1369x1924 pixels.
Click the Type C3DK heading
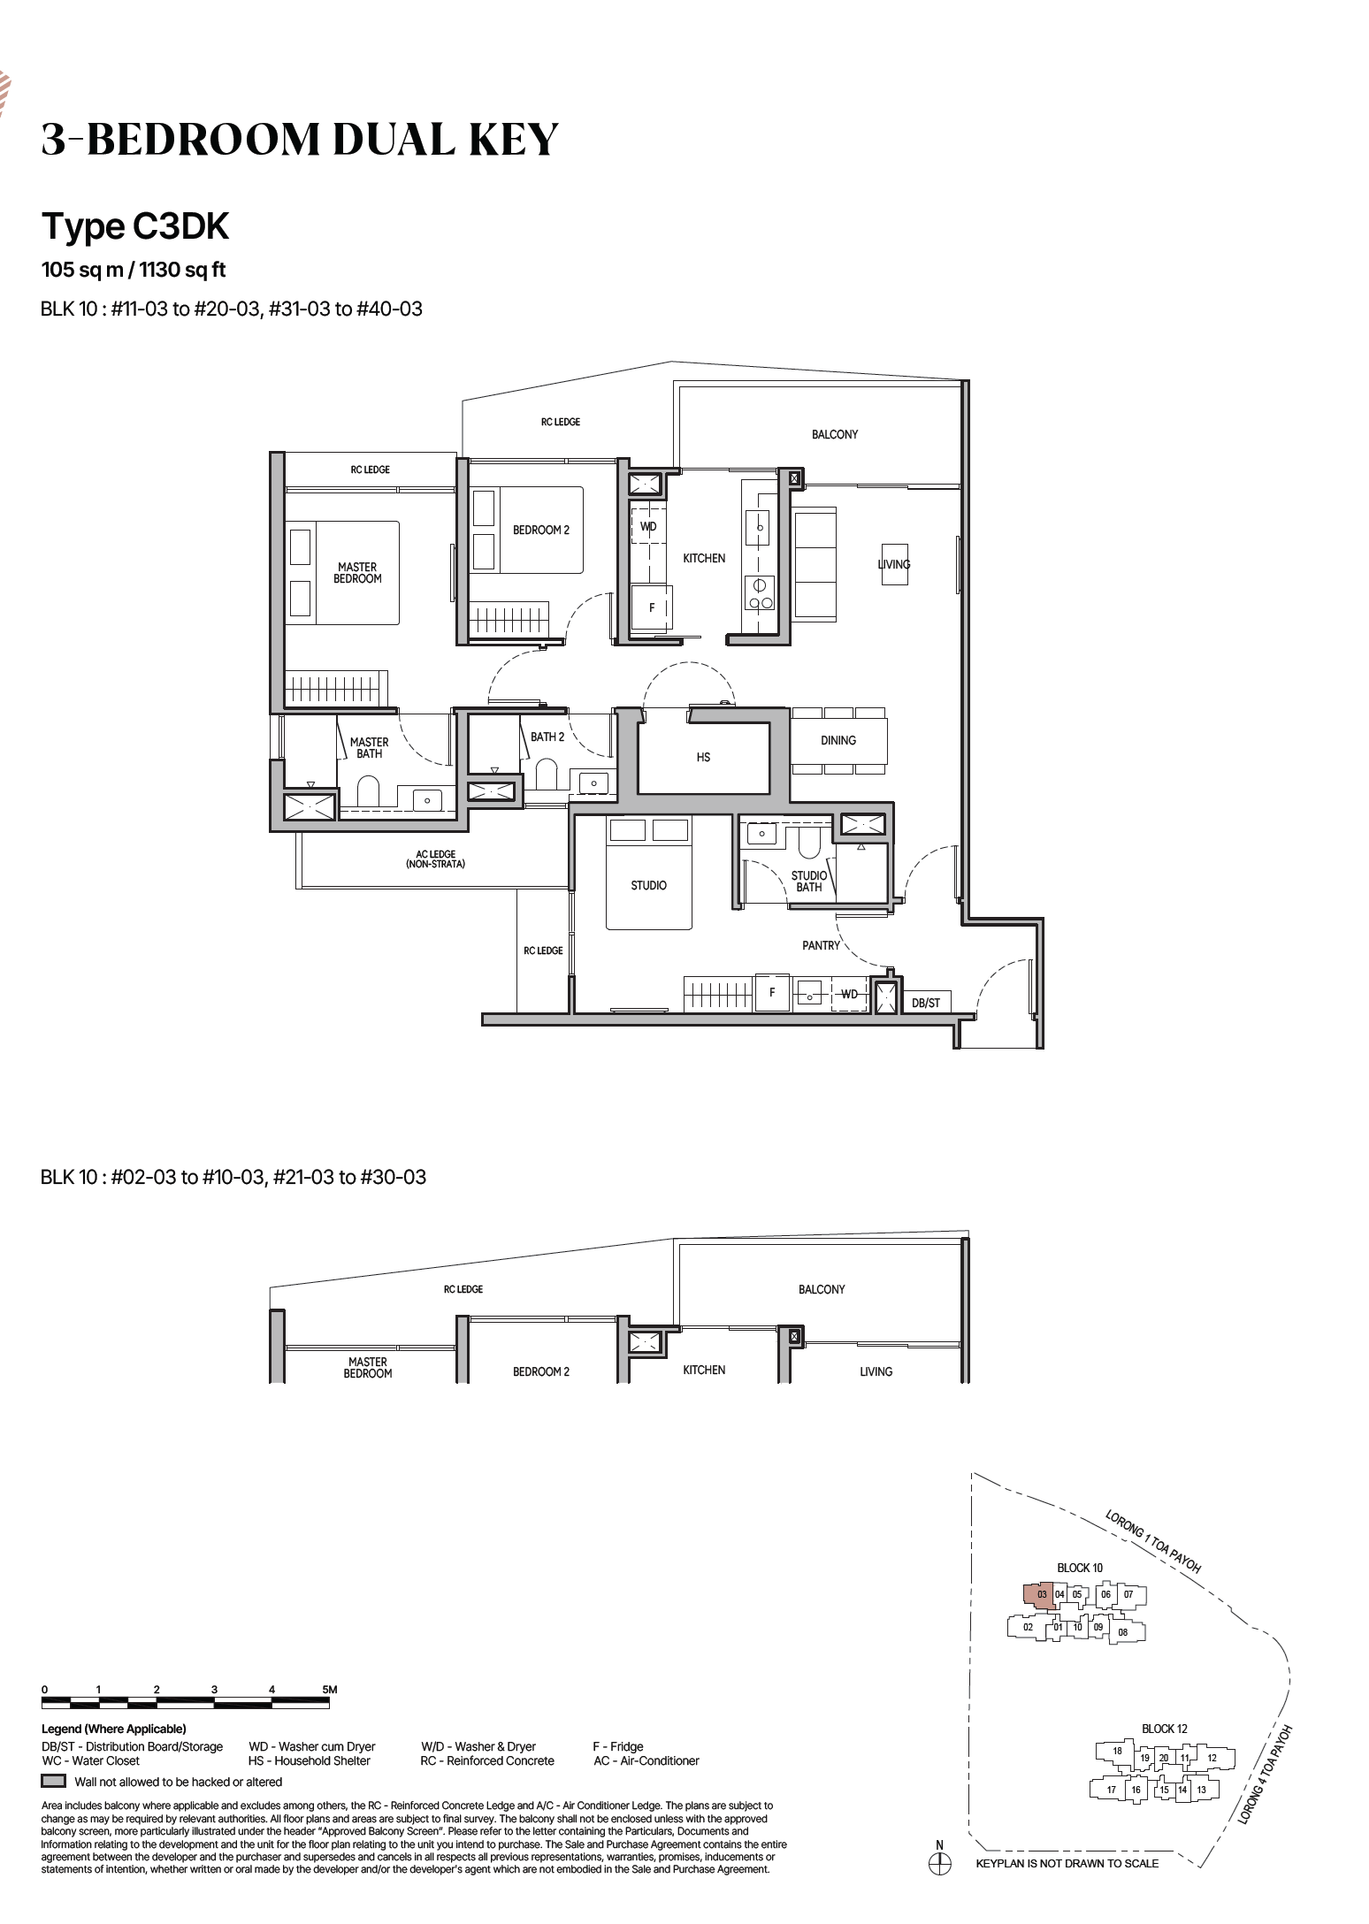pyautogui.click(x=135, y=226)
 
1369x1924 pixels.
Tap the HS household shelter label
pyautogui.click(x=703, y=757)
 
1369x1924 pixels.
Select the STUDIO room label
pyautogui.click(x=648, y=885)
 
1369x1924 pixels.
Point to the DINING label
pyautogui.click(x=837, y=740)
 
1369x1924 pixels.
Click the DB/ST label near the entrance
pyautogui.click(x=926, y=1003)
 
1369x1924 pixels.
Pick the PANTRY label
pyautogui.click(x=821, y=945)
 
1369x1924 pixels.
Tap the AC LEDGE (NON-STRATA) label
pyautogui.click(x=436, y=859)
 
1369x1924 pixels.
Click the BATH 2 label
pyautogui.click(x=547, y=737)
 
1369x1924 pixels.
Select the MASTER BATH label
pyautogui.click(x=369, y=748)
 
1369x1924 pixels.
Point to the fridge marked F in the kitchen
pyautogui.click(x=652, y=607)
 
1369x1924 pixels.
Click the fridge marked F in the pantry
pyautogui.click(x=772, y=992)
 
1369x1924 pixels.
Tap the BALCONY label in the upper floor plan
pyautogui.click(x=835, y=434)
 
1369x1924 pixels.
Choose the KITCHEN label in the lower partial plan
pyautogui.click(x=704, y=1370)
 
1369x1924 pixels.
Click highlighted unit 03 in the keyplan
pyautogui.click(x=1040, y=1595)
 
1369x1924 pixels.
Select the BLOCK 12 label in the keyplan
pyautogui.click(x=1164, y=1729)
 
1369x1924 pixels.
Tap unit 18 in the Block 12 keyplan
pyautogui.click(x=1117, y=1751)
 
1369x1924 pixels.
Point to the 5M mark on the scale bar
pyautogui.click(x=330, y=1690)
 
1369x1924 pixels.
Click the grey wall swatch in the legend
pyautogui.click(x=54, y=1781)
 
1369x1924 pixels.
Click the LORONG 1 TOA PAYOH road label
pyautogui.click(x=1153, y=1541)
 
